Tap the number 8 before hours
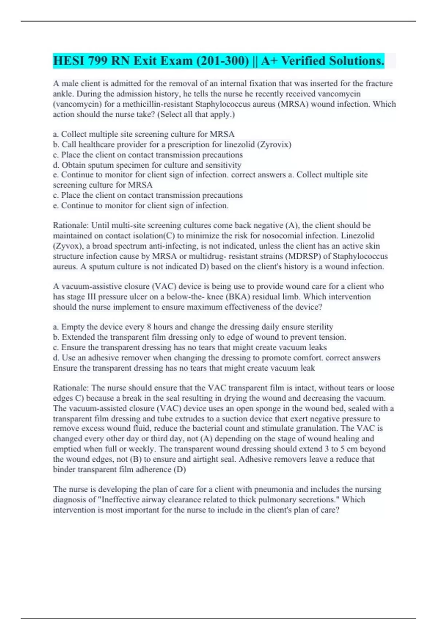coord(149,327)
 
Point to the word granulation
coord(316,428)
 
